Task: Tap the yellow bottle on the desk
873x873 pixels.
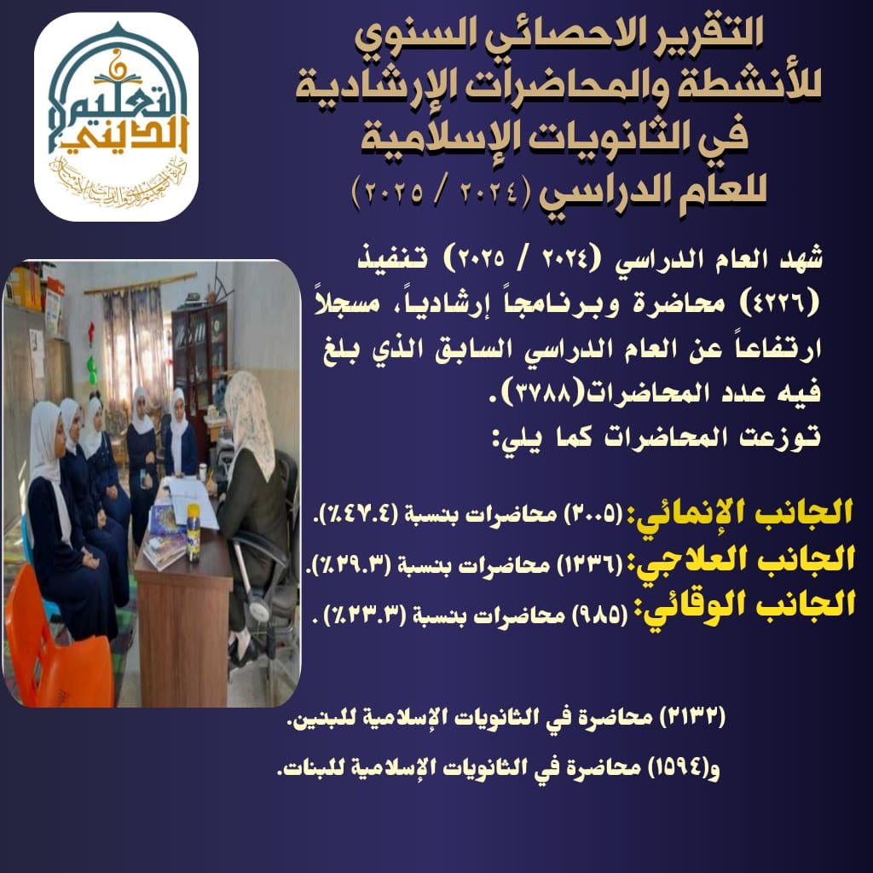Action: (194, 533)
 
